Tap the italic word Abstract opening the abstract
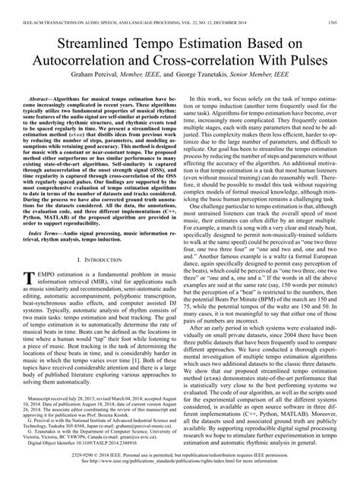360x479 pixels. point(42,99)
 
